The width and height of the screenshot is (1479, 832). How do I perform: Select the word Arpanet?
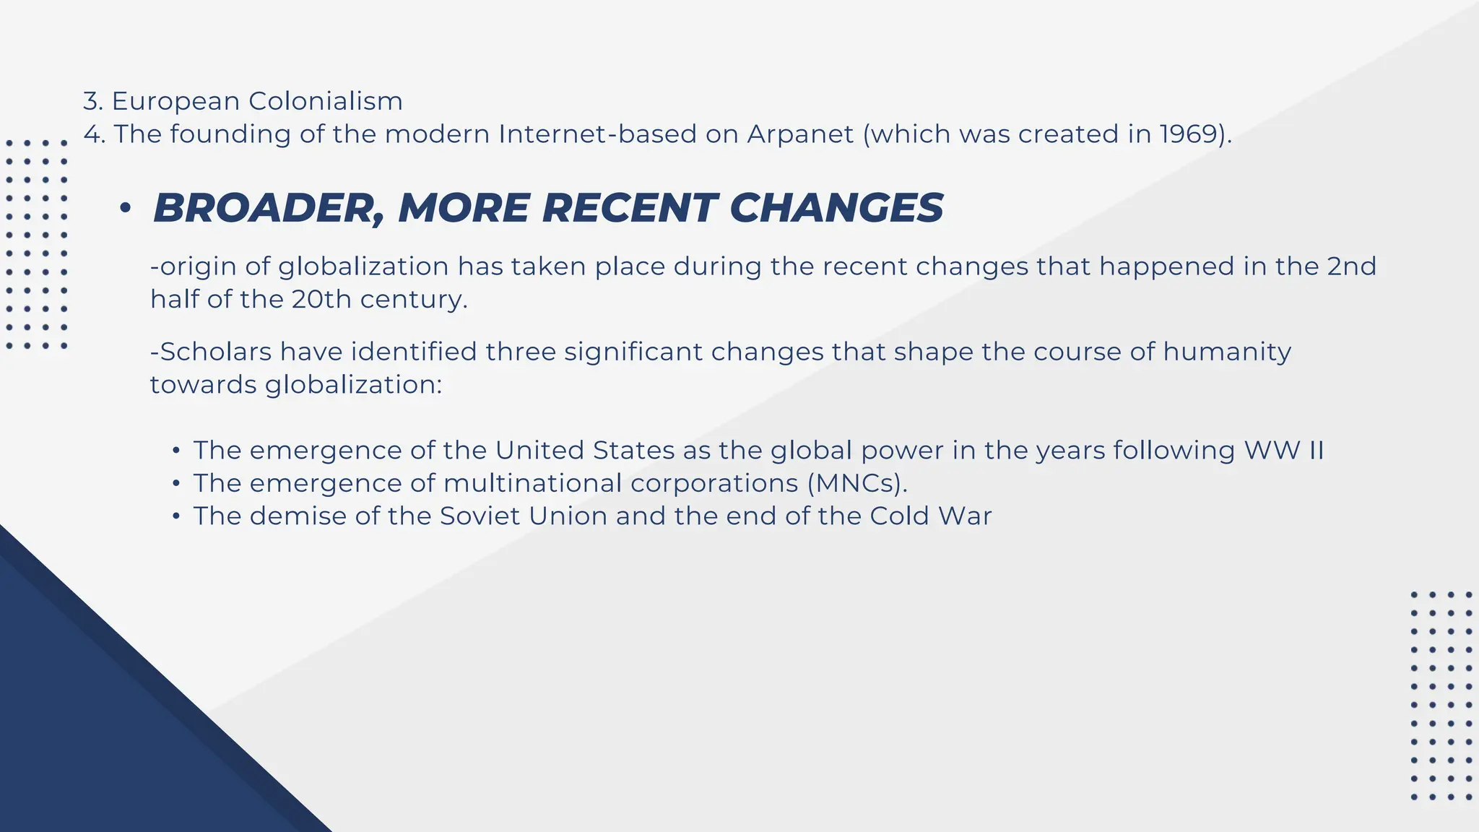coord(800,134)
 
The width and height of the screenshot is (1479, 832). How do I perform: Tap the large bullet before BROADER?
coord(126,209)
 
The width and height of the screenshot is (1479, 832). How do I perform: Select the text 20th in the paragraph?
coord(321,299)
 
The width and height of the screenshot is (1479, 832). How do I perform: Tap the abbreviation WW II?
coord(1283,451)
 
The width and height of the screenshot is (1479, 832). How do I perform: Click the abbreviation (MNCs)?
coord(857,483)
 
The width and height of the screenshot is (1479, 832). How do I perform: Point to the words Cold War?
coord(930,516)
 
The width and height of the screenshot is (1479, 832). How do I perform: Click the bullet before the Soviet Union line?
coord(175,517)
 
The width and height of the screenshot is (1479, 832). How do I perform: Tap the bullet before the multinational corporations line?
coord(175,484)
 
